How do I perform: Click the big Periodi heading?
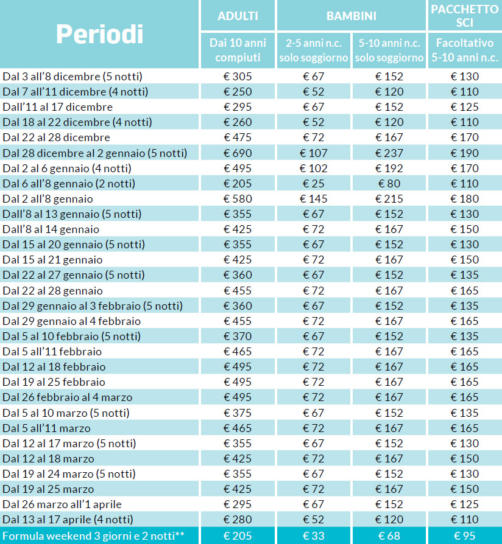99,34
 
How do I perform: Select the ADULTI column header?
238,16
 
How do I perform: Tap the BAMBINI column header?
352,16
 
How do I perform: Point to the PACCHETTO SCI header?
464,16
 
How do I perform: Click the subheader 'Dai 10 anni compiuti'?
238,50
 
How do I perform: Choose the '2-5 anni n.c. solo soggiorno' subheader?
313,51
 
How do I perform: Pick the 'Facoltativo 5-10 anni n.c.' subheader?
465,50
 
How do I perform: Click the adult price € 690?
238,153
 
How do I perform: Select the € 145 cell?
313,199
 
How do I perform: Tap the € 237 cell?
389,153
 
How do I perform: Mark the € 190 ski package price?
465,153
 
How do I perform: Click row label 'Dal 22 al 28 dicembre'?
56,138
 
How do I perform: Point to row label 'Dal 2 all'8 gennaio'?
48,199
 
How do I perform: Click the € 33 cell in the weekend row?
313,536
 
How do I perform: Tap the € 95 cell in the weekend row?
465,536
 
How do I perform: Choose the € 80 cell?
389,184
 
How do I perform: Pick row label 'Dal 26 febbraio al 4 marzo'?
68,397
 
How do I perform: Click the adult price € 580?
238,199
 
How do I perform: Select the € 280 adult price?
238,520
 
